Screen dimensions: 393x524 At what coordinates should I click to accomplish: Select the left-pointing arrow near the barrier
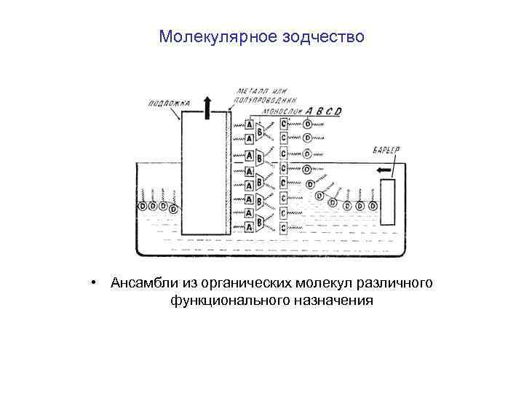point(384,170)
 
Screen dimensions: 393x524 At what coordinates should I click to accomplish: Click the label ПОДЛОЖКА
point(167,103)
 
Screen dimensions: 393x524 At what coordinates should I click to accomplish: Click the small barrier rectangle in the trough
point(388,202)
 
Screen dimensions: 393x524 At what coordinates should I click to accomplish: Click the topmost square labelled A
point(249,125)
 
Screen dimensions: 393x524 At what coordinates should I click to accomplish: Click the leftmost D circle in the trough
point(143,206)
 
